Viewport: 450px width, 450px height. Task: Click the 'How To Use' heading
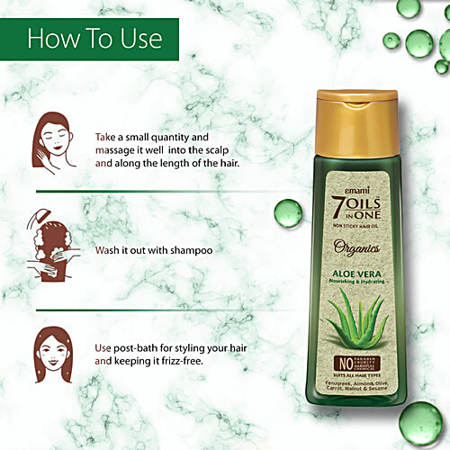point(94,39)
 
